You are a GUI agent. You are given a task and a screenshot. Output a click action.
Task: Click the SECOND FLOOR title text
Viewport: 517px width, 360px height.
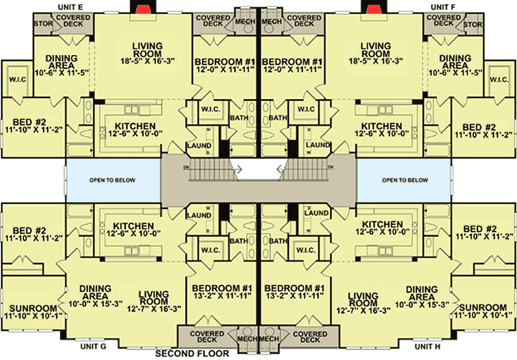192,354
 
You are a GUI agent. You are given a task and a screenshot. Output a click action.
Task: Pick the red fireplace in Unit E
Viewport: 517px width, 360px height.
142,7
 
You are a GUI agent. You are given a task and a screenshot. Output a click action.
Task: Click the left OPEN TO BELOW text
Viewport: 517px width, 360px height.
113,180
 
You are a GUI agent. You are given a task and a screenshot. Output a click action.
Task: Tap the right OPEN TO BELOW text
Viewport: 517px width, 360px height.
405,180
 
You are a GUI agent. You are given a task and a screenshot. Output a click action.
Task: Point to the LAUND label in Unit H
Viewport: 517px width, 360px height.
317,213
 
